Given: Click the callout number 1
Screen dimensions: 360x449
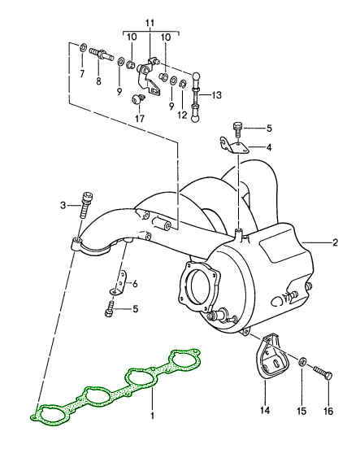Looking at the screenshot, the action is (152, 416).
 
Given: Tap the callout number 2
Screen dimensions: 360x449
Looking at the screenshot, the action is (335, 242).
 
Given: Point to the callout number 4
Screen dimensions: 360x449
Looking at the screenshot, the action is (269, 147).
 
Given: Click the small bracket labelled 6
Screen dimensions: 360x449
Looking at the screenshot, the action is (119, 283).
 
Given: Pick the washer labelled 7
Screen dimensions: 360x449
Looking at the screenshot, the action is (83, 47).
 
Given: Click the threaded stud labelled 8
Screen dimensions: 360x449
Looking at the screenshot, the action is (102, 54).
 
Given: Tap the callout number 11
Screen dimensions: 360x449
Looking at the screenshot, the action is (150, 23).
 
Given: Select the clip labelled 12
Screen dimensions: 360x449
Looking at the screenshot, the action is (183, 85).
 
